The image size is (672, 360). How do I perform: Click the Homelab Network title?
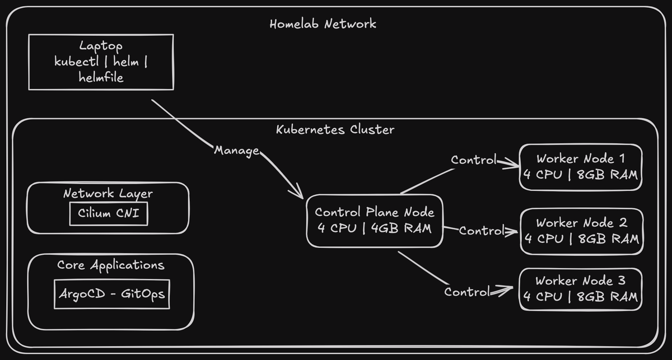tap(323, 24)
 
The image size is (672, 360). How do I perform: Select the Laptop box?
tap(101, 62)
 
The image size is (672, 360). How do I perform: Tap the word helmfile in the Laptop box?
tap(101, 78)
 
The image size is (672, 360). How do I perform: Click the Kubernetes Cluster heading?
tap(335, 129)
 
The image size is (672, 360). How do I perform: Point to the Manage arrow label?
tap(236, 151)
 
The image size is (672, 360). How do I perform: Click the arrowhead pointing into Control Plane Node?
tap(298, 194)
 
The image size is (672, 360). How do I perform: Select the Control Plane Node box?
tap(374, 220)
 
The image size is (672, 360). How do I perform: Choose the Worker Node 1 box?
tap(580, 166)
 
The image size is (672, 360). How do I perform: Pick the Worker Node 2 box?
tap(581, 230)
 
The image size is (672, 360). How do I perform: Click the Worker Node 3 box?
tap(580, 289)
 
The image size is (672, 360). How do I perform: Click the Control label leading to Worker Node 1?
tap(474, 160)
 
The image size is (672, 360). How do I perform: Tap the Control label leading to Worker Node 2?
tap(481, 230)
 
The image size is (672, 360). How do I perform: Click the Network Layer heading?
tap(108, 194)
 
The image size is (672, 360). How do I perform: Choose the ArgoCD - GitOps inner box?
tap(112, 293)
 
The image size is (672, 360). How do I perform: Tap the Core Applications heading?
tap(111, 265)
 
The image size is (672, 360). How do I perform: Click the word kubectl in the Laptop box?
tap(76, 62)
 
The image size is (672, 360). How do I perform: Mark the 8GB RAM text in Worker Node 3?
tap(607, 296)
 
